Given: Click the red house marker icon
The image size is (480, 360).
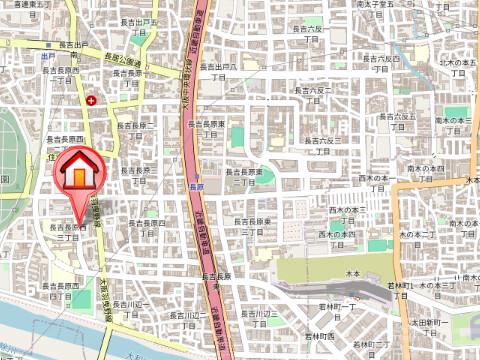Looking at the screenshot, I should pos(79,171).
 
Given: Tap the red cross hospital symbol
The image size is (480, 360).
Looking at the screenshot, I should pos(91,100).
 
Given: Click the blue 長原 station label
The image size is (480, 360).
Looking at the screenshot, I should pos(196,186).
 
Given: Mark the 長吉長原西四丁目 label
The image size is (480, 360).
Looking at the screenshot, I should pos(67,293).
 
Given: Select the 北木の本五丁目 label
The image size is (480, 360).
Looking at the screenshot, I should pos(456,68).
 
